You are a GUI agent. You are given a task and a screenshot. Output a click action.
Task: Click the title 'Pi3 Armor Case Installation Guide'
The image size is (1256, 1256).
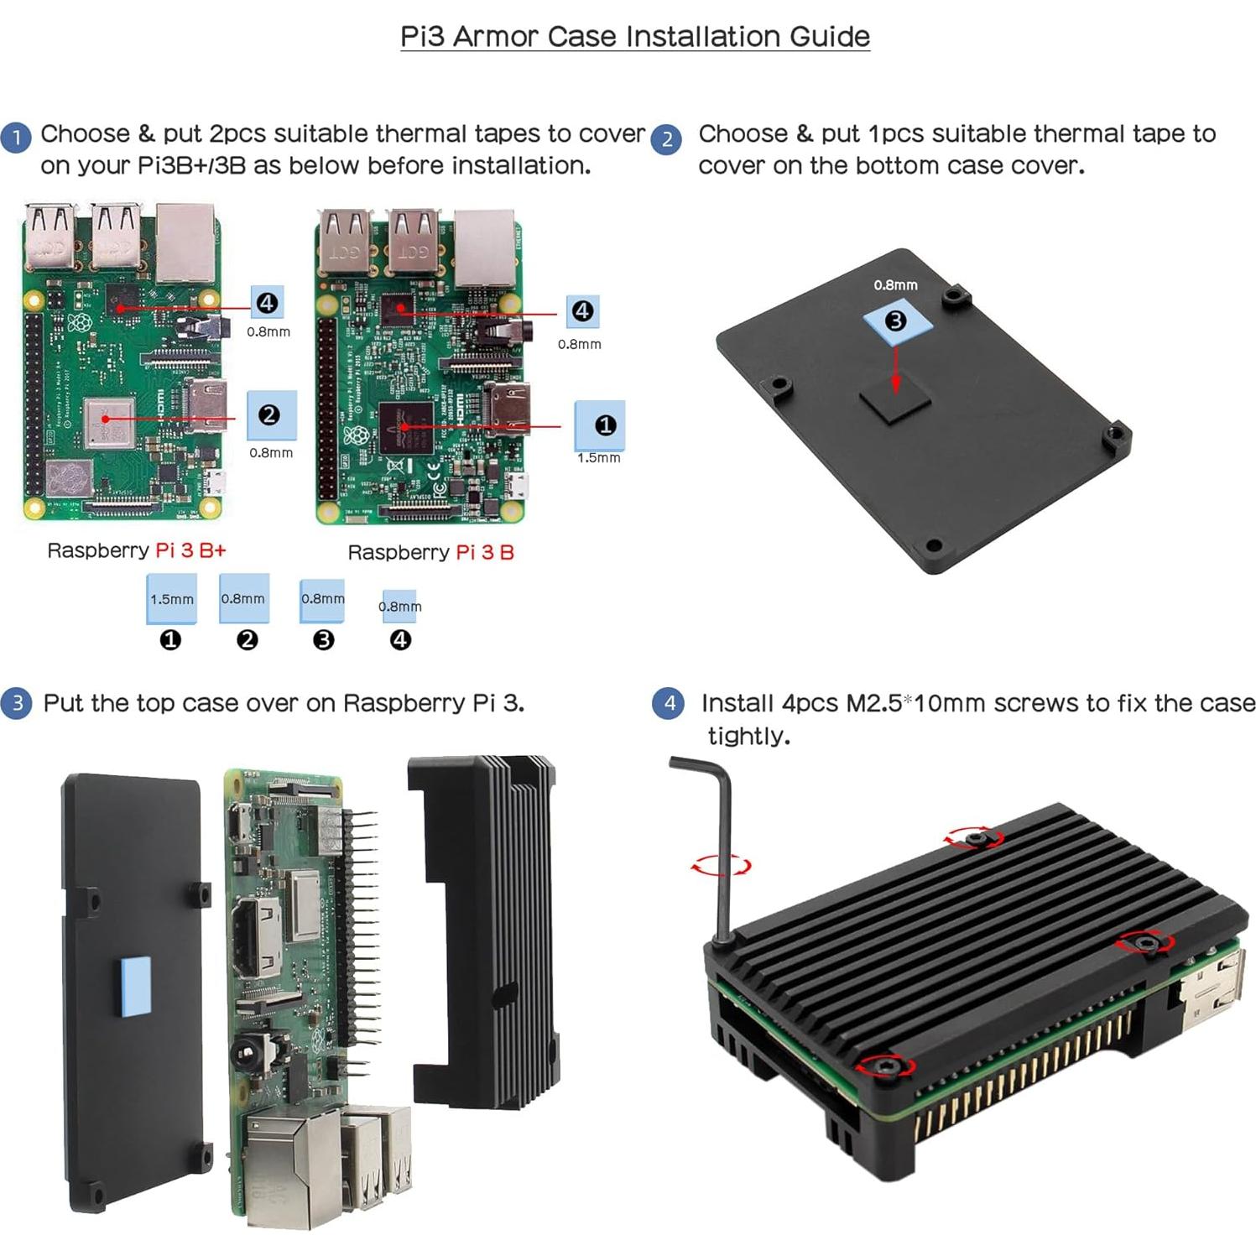point(634,37)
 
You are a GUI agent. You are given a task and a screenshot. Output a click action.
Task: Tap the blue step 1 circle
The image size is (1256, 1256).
point(16,136)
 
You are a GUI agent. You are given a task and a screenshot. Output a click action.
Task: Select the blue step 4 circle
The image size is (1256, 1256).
point(668,702)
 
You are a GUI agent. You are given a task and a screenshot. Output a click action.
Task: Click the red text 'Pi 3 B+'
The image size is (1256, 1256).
point(190,550)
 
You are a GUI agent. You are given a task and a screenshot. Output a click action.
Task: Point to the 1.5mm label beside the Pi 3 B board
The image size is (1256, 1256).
point(598,458)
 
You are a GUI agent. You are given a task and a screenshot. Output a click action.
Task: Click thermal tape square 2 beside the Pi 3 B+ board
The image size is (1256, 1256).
point(271,414)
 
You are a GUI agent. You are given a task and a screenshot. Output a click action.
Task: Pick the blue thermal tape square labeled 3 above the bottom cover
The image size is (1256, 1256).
point(898,321)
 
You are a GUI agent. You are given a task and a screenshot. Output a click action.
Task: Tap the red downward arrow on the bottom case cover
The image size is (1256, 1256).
point(896,368)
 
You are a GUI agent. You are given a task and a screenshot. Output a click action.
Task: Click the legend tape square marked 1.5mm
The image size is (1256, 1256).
point(171,598)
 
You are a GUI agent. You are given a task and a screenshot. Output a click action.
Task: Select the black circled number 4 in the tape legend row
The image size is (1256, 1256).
point(400,640)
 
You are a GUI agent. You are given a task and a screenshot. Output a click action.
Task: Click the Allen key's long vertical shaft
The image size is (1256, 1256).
point(723,856)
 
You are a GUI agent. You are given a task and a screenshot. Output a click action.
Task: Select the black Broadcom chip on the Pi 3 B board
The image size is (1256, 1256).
point(405,428)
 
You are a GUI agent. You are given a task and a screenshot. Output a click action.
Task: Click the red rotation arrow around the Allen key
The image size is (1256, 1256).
point(720,866)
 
